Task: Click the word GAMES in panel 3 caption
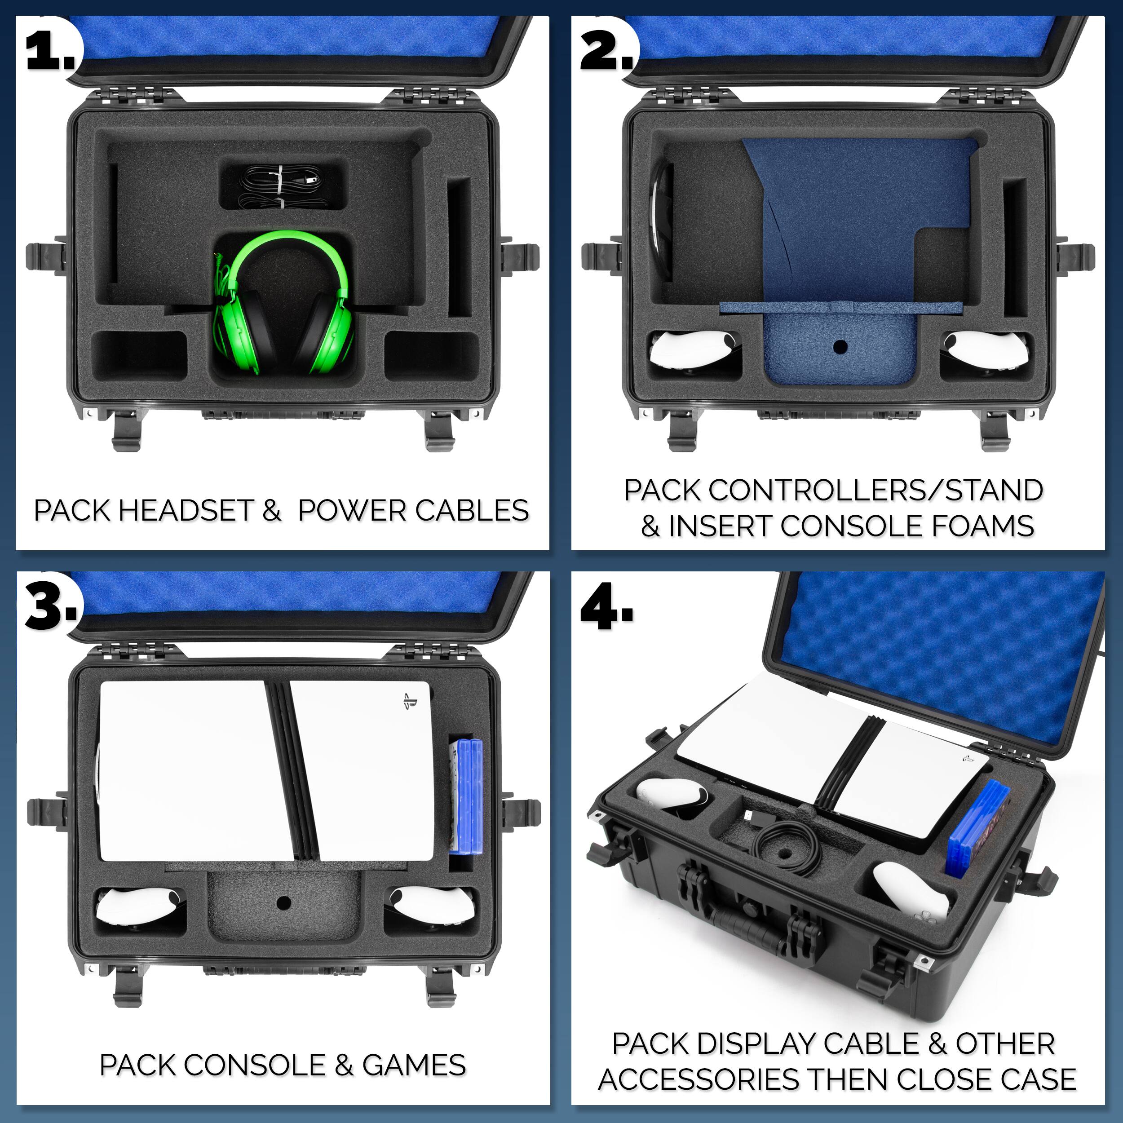[x=414, y=1066]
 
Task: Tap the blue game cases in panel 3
[x=467, y=796]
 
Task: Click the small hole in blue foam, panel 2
[x=840, y=348]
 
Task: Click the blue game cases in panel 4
[x=978, y=828]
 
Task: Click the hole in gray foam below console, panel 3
[x=283, y=903]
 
